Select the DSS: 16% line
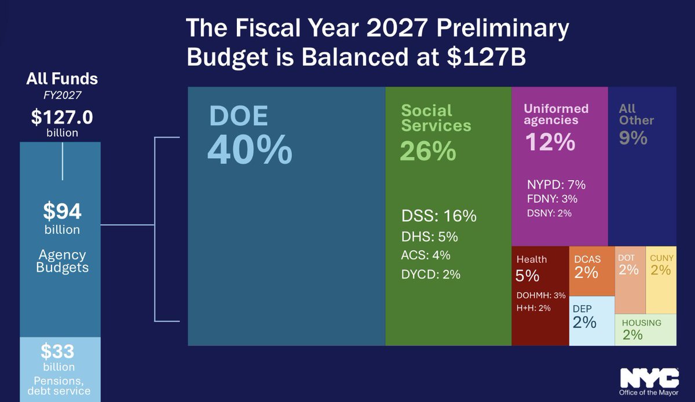(438, 217)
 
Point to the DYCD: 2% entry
(430, 275)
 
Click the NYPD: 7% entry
(556, 185)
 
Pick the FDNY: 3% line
(552, 199)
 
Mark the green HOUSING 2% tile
(645, 330)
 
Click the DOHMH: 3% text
(540, 295)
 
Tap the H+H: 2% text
(533, 308)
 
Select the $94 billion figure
(62, 212)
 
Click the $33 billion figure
(58, 352)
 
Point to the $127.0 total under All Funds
(62, 118)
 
